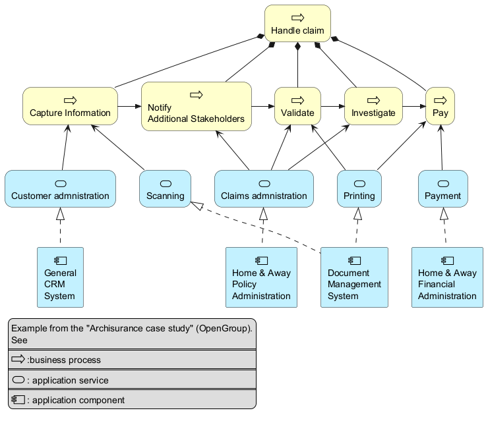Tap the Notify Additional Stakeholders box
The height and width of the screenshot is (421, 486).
click(x=196, y=107)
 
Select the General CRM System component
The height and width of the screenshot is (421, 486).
click(x=60, y=277)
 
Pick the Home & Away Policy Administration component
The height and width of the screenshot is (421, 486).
click(x=261, y=277)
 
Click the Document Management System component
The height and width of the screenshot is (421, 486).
click(x=354, y=277)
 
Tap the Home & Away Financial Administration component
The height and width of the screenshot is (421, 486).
click(x=447, y=277)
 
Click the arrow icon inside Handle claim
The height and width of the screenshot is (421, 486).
click(x=297, y=16)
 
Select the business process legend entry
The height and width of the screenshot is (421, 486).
click(x=132, y=360)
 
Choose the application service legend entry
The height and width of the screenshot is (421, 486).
click(x=132, y=379)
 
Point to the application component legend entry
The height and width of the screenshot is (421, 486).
click(x=132, y=399)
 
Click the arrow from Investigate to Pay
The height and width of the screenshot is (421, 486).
click(x=413, y=106)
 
